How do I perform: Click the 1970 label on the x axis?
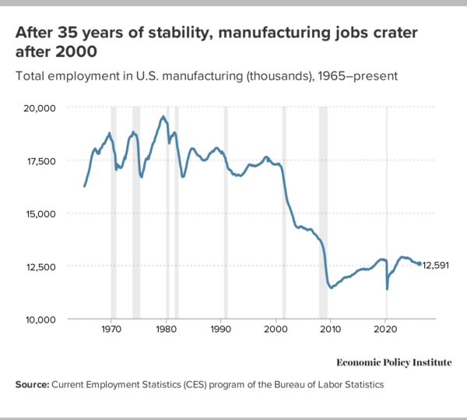111,330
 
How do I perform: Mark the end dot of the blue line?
420,264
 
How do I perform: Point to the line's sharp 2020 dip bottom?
387,289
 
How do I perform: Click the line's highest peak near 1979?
163,117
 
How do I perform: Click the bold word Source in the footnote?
32,385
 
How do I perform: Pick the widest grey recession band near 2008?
323,210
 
